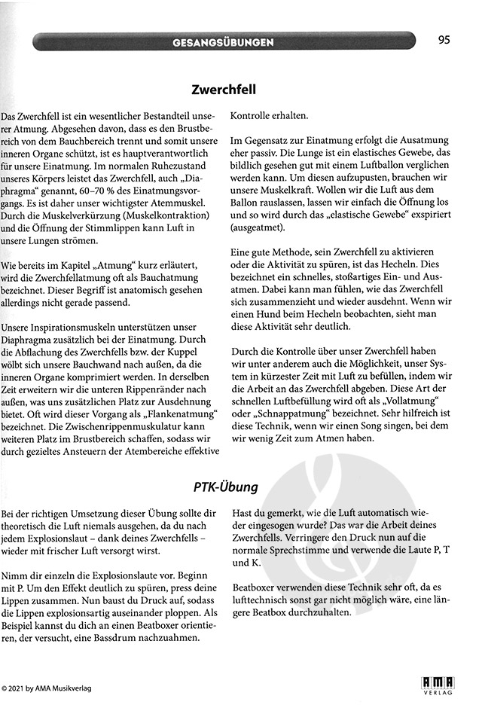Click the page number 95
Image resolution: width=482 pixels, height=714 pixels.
443,40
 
